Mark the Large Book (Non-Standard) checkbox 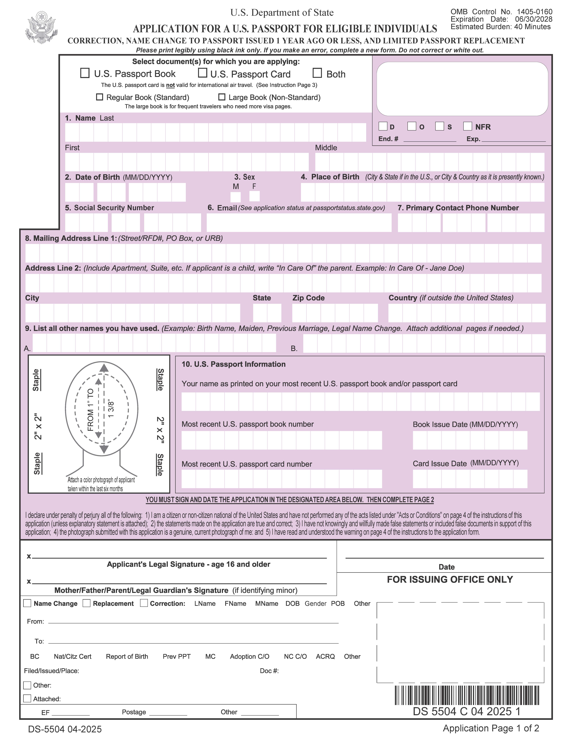[x=222, y=97]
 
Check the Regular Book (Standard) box [x=100, y=97]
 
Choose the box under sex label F [x=254, y=196]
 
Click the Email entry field [x=299, y=223]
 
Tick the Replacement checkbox [x=87, y=603]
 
